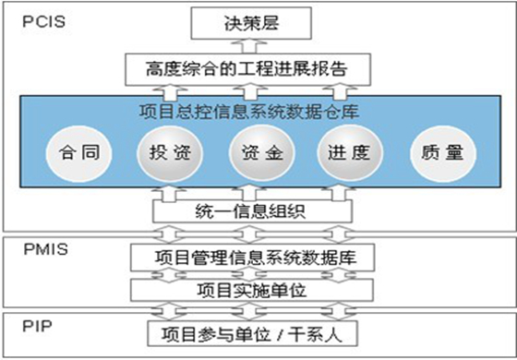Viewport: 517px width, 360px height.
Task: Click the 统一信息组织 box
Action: click(251, 212)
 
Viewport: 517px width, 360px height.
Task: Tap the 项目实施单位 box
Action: click(251, 290)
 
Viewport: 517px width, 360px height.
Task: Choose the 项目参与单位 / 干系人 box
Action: click(251, 331)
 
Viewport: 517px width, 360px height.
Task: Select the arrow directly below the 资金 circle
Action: click(253, 190)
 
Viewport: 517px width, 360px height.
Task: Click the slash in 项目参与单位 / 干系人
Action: click(292, 332)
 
